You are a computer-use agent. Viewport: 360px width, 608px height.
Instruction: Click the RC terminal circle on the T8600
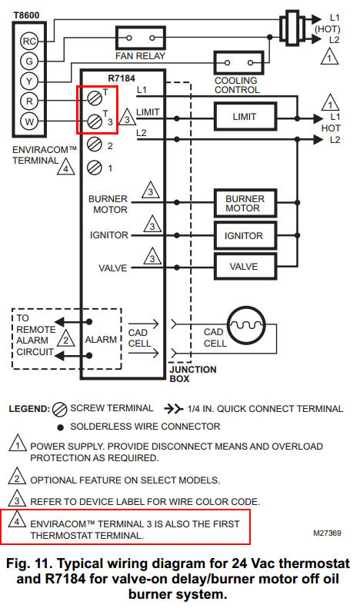[29, 41]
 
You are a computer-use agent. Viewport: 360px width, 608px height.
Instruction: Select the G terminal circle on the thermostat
[29, 61]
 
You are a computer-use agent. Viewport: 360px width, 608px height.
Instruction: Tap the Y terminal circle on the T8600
[29, 81]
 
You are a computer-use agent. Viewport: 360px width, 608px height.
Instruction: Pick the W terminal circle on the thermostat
[29, 121]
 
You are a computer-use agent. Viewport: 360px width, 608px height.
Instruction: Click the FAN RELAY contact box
[141, 38]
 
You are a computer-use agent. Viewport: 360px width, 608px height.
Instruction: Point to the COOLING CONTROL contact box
[239, 62]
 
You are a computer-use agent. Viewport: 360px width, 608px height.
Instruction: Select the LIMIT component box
[245, 116]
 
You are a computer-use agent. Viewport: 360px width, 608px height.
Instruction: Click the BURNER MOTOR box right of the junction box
[245, 203]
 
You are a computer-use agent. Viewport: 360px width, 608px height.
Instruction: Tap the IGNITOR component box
[245, 235]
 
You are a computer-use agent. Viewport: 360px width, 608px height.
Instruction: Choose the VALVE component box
[245, 267]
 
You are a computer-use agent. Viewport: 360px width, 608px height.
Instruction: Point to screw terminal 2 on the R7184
[95, 145]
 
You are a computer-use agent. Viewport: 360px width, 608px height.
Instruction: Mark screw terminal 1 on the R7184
[95, 168]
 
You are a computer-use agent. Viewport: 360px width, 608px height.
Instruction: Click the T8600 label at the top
[26, 15]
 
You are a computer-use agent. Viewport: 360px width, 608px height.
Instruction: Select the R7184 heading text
[122, 78]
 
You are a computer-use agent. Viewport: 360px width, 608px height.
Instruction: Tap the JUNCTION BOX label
[193, 374]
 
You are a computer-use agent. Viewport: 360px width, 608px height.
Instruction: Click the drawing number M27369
[327, 533]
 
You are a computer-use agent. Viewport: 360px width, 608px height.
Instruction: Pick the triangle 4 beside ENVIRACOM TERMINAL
[66, 167]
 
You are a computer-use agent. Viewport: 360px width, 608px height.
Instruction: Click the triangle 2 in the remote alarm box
[66, 338]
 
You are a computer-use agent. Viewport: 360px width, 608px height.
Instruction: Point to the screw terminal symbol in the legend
[59, 409]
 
